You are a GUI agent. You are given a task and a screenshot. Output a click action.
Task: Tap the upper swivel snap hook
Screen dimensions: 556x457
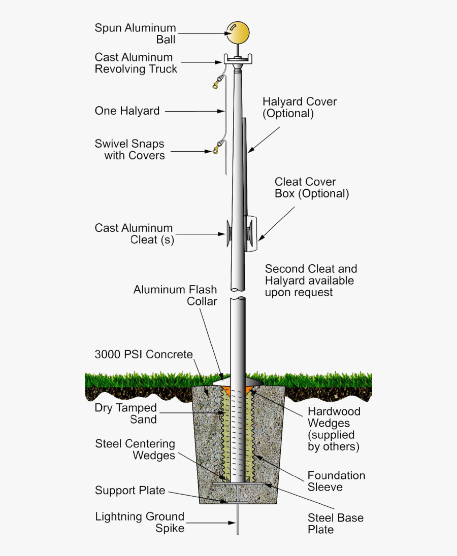tap(219, 81)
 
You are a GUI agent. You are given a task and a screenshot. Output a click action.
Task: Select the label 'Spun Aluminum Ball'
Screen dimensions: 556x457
tap(135, 33)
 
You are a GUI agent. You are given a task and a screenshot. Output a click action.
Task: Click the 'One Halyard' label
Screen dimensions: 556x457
tap(127, 111)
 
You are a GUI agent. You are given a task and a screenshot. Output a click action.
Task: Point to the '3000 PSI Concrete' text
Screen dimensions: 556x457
tap(144, 354)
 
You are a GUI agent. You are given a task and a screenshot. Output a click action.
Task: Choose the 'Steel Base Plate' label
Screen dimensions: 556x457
tap(335, 524)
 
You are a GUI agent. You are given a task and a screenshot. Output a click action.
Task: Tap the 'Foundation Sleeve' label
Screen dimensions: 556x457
tap(336, 481)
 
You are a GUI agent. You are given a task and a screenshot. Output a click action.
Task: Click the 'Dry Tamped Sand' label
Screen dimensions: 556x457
tap(125, 413)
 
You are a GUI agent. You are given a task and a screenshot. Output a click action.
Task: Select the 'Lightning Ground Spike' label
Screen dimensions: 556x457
tap(140, 523)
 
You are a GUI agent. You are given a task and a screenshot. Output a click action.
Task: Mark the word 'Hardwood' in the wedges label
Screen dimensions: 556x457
tap(334, 411)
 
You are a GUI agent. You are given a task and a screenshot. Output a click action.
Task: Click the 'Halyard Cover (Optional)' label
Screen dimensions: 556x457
tap(300, 108)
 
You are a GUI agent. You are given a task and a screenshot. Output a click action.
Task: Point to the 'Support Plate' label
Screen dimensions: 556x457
tap(130, 491)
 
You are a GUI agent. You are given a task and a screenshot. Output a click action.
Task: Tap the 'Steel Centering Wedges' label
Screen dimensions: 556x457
tap(135, 449)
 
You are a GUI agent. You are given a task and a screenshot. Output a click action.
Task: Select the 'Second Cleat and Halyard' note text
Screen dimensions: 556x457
tap(311, 281)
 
